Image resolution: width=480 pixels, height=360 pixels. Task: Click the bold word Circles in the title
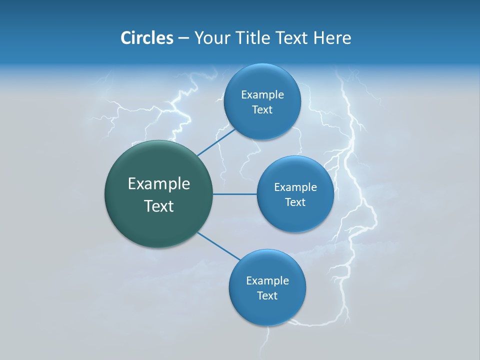(x=147, y=38)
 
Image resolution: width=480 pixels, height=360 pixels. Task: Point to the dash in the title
(x=183, y=38)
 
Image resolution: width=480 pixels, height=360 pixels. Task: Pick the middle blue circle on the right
(x=295, y=217)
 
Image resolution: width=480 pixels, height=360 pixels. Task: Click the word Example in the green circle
(x=159, y=184)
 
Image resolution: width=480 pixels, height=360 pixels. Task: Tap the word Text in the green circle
(x=159, y=206)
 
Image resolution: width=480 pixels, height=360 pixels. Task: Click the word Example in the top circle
(x=262, y=95)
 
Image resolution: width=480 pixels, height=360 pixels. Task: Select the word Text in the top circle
(x=262, y=110)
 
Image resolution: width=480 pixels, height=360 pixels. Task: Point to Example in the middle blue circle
(x=295, y=187)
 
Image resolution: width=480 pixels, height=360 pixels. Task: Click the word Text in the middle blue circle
(x=295, y=202)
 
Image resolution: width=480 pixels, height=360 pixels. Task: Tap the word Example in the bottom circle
(x=267, y=281)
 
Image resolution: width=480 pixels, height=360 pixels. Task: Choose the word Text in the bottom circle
(x=267, y=296)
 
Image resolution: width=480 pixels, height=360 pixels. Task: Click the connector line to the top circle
(x=215, y=142)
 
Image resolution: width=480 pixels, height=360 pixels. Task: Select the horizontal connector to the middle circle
(x=234, y=194)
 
